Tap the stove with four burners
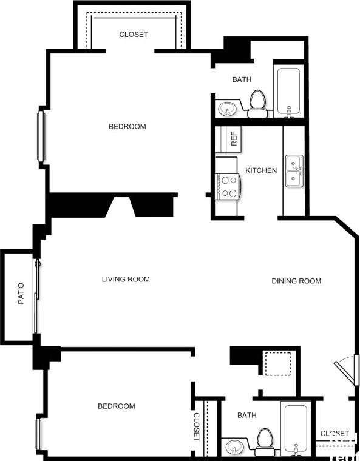228,186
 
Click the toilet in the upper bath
258,104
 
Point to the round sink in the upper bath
228,109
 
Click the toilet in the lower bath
265,442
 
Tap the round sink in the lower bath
234,448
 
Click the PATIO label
21,294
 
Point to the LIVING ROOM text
126,280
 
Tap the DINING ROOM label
296,281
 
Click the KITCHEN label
261,170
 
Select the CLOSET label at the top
134,35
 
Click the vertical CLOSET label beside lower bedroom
197,426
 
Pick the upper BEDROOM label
127,127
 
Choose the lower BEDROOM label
117,406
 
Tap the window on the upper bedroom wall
41,136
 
